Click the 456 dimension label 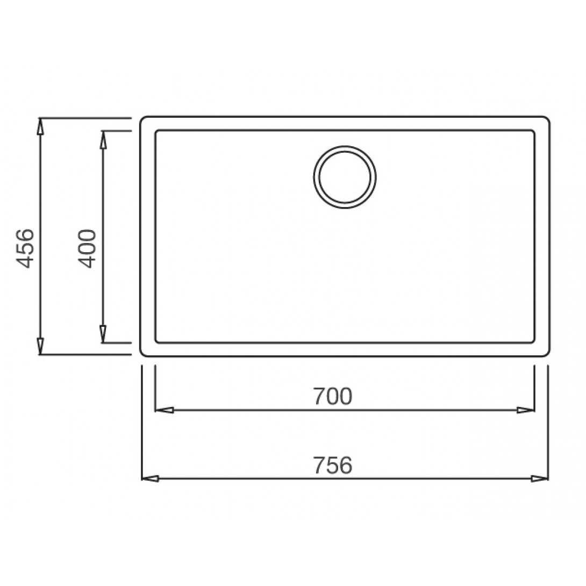(x=26, y=248)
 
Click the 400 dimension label (x=88, y=248)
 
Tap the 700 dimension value (x=332, y=396)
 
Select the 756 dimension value (x=332, y=465)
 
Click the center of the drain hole (x=345, y=177)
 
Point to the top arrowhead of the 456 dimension (x=40, y=126)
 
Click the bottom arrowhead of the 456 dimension (x=40, y=346)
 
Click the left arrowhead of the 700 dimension (x=163, y=410)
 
